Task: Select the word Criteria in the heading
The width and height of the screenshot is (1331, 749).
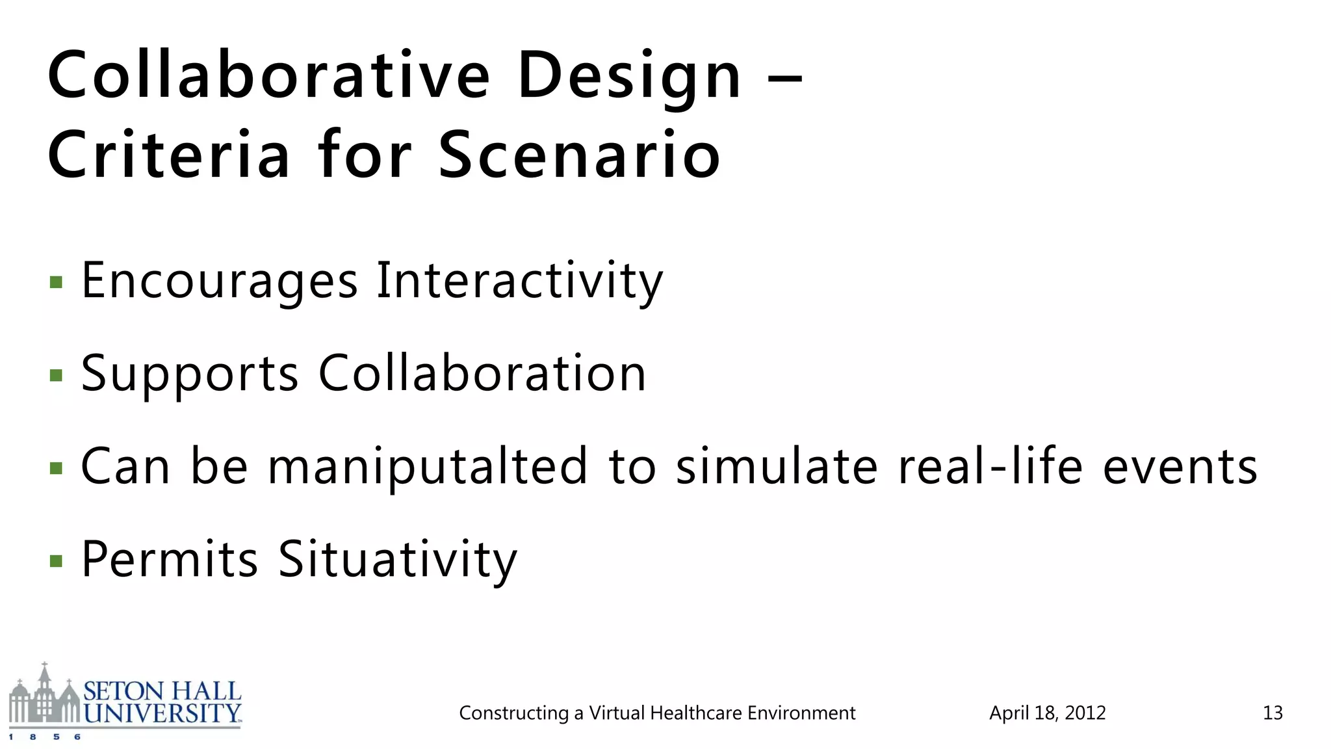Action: point(168,154)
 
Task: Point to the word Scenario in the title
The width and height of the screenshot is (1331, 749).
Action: point(579,154)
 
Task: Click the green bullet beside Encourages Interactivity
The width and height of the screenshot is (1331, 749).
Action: point(56,282)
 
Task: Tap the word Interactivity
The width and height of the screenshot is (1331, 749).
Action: point(519,281)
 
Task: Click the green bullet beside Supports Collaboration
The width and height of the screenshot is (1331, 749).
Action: point(56,375)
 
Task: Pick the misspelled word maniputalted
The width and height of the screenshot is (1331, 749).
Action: point(427,467)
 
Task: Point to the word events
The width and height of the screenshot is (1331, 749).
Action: point(1180,467)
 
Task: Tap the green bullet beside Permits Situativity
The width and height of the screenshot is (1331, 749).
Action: point(56,560)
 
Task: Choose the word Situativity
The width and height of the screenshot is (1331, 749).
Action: point(397,559)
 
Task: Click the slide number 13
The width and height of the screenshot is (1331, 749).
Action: point(1272,713)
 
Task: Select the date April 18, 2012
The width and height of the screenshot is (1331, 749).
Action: point(1047,713)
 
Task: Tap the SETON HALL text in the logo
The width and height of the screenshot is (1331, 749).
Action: point(162,690)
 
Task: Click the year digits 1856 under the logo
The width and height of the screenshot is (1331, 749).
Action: point(44,737)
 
